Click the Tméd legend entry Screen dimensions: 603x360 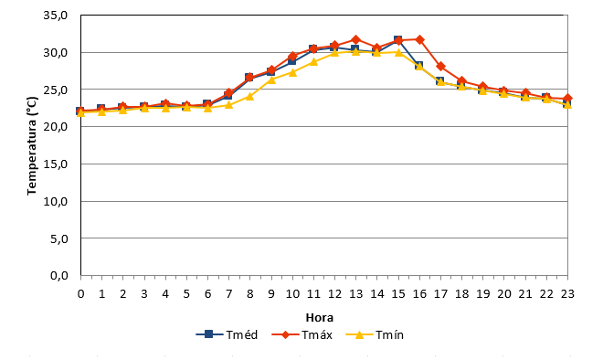pos(227,334)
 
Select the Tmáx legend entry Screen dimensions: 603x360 pos(301,334)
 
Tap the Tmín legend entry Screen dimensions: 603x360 pos(375,334)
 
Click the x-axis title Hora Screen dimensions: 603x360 pos(319,318)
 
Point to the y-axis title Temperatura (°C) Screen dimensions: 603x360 pos(32,146)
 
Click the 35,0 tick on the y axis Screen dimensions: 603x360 pos(56,16)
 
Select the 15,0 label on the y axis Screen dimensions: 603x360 pos(56,164)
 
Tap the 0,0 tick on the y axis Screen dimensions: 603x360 pos(58,275)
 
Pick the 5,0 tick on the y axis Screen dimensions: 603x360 pos(58,238)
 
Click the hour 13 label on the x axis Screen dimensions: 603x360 pos(355,294)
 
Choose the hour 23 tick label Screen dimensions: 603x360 pos(567,294)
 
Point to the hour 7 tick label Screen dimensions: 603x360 pos(228,294)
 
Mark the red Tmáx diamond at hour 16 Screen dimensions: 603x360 pos(419,39)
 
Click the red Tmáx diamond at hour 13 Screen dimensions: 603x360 pos(355,39)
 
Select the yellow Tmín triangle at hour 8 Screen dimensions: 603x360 pos(250,96)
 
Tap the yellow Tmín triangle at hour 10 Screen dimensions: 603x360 pos(292,72)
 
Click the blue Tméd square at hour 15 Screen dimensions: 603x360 pos(398,40)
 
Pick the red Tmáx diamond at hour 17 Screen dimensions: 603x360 pos(440,67)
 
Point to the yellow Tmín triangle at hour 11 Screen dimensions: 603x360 pos(313,61)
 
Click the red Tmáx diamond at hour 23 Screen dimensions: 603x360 pos(567,99)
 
